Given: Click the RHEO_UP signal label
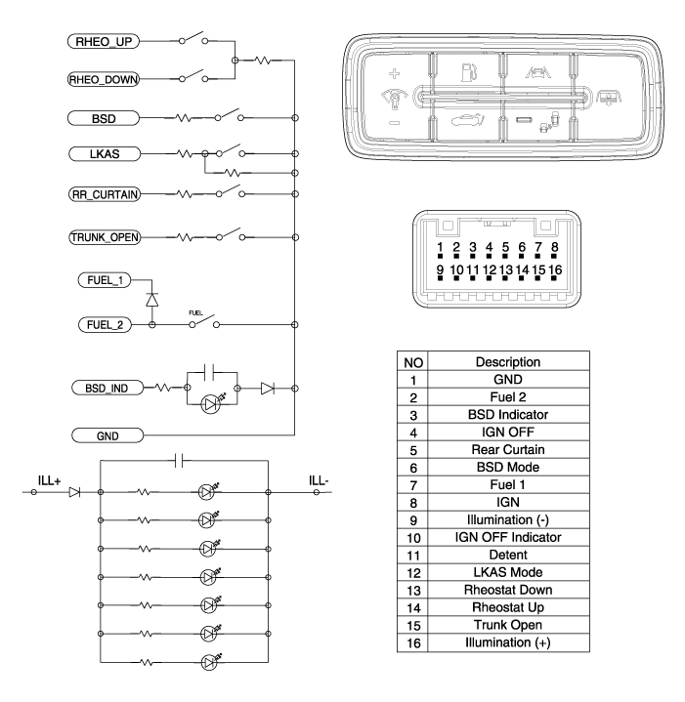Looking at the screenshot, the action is (x=104, y=41).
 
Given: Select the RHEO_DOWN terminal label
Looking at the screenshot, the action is (x=103, y=79).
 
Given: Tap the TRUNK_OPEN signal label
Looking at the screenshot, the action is (x=105, y=237).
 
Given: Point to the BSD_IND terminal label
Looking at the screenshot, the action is (x=107, y=388).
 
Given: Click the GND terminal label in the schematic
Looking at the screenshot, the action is (x=107, y=435).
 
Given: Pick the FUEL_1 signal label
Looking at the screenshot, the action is (x=105, y=280).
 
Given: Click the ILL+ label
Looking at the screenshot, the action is (x=49, y=480).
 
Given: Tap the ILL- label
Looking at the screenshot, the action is (x=319, y=480).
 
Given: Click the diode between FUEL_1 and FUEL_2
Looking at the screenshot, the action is (x=151, y=300).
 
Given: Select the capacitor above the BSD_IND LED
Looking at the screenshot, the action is (x=209, y=372).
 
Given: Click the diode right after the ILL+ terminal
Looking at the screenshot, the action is (x=75, y=492).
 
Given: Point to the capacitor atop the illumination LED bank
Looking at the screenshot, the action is (x=179, y=460).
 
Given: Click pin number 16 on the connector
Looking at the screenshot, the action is (x=555, y=269).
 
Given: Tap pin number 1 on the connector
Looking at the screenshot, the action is (x=440, y=247).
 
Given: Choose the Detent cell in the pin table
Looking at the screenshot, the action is (x=508, y=555).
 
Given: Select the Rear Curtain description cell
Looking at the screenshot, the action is (x=508, y=449).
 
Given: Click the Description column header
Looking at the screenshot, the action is (x=508, y=362).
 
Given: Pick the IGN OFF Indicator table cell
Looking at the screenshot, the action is (x=508, y=537).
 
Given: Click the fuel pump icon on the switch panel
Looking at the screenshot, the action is (x=469, y=72).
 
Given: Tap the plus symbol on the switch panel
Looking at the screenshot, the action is (x=394, y=73).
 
